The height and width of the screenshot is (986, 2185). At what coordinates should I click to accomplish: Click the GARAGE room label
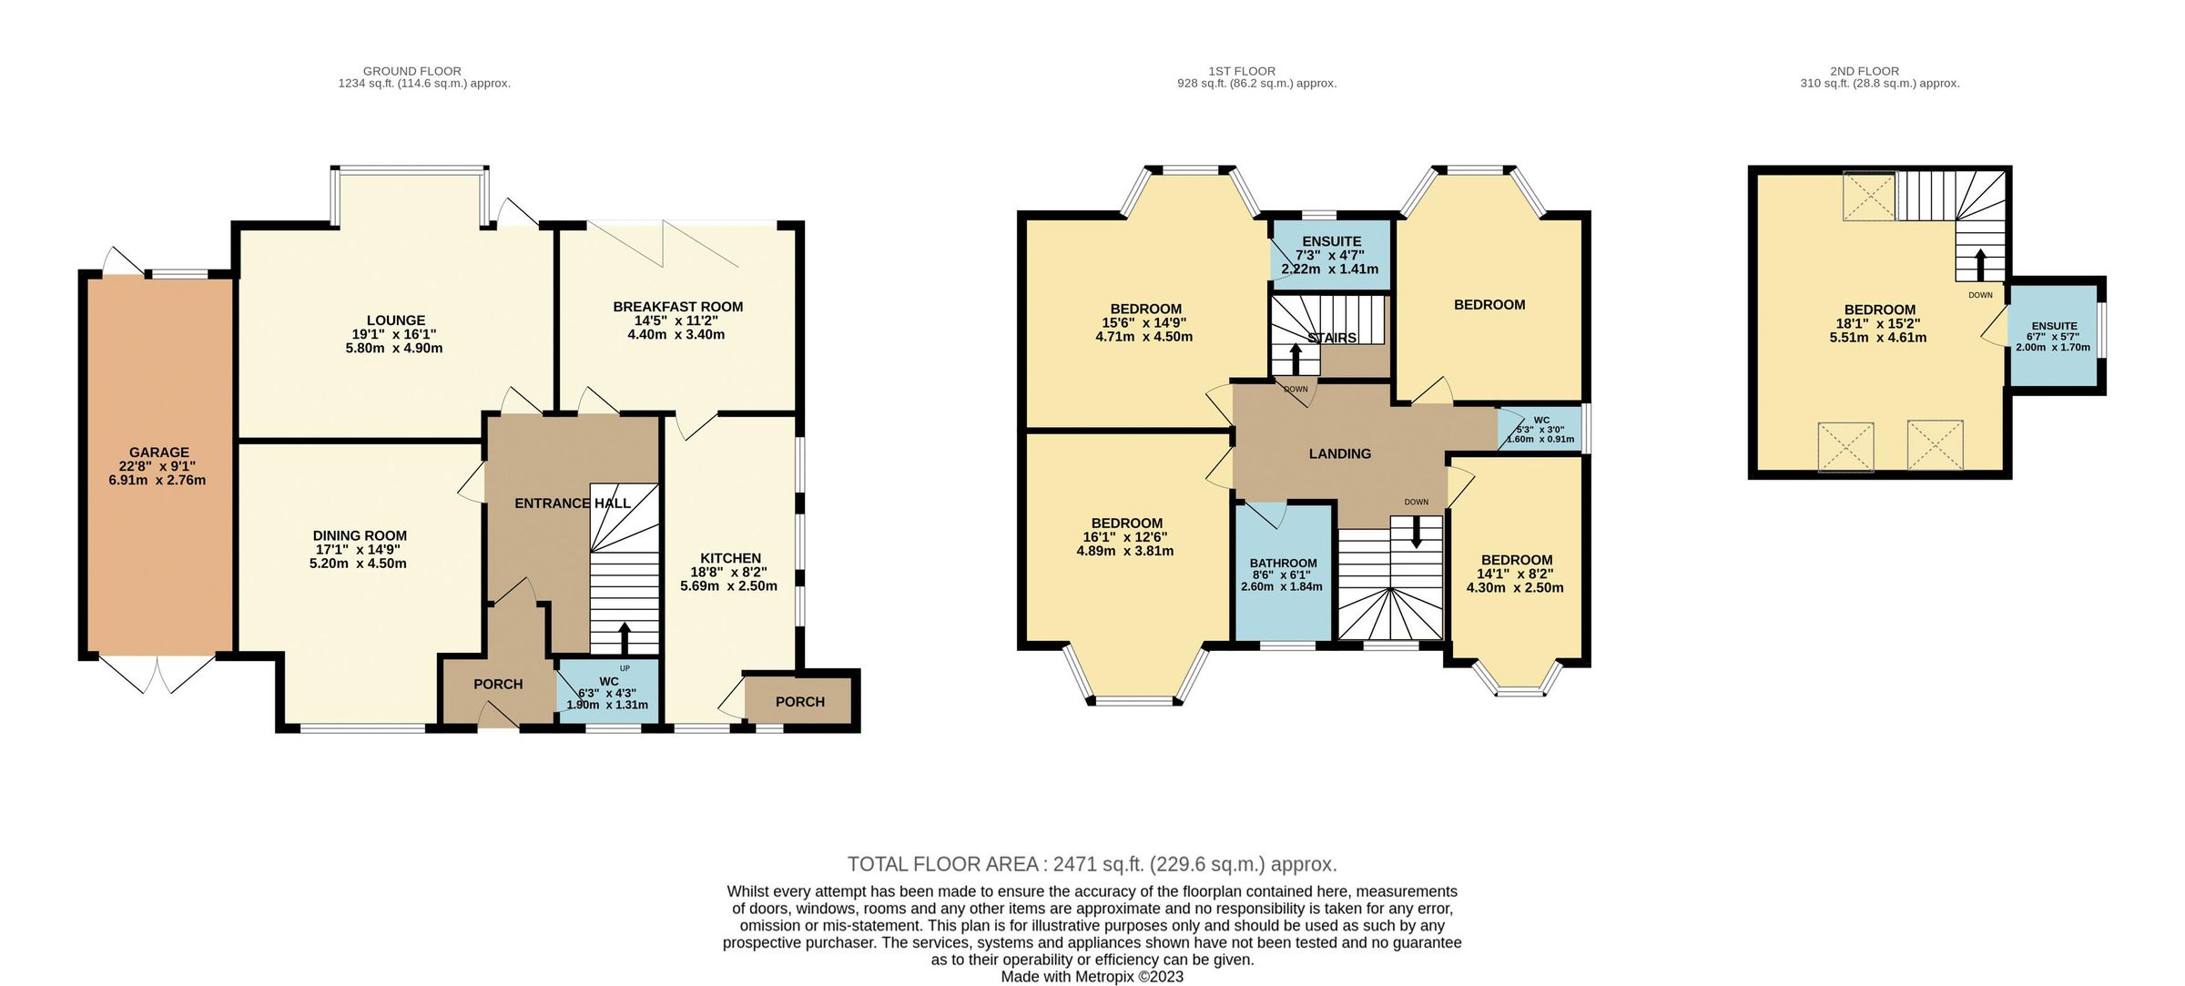(x=158, y=452)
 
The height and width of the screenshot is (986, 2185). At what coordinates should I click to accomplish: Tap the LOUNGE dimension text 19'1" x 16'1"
(x=395, y=334)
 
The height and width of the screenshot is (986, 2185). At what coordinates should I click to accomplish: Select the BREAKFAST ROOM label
(x=677, y=307)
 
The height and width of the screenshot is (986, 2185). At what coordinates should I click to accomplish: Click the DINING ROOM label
(x=360, y=536)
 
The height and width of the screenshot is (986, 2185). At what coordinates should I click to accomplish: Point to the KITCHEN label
(x=730, y=558)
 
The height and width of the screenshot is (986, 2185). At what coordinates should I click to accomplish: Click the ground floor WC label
(x=608, y=681)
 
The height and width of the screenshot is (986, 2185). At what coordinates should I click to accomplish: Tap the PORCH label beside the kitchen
(x=799, y=702)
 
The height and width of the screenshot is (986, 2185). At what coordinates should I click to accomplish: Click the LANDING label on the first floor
(x=1339, y=453)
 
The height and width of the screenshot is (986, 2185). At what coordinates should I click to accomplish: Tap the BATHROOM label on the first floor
(x=1283, y=563)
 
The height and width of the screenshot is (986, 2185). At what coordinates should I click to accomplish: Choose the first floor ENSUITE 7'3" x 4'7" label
(x=1331, y=241)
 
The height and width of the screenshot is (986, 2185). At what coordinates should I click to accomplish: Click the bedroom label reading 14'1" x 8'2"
(x=1516, y=574)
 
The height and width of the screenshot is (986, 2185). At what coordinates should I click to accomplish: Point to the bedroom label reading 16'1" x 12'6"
(x=1126, y=537)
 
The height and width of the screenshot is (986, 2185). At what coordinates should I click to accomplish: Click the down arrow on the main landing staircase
(x=1416, y=533)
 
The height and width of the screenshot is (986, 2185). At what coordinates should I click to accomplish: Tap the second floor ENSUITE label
(x=2054, y=326)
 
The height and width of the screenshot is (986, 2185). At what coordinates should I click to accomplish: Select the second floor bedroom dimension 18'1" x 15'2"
(x=1878, y=323)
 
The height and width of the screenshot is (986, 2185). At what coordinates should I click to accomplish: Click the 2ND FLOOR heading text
(x=1864, y=71)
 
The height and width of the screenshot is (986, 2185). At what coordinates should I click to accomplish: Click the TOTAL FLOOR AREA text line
(x=1092, y=864)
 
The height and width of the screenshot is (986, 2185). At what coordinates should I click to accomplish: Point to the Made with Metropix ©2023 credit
(x=1092, y=977)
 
